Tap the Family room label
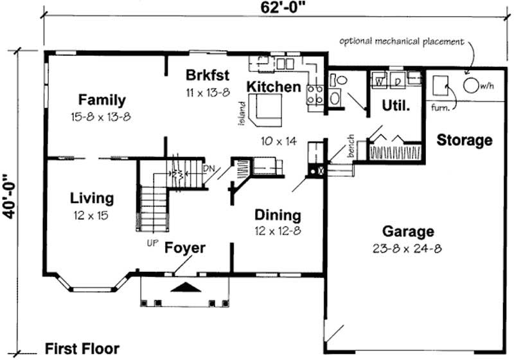[102, 100]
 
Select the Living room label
[91, 198]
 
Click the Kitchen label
[274, 86]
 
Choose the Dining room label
[278, 215]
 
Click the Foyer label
[184, 248]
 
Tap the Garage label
[408, 231]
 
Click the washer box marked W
[379, 81]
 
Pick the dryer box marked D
[398, 81]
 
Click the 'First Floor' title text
[82, 348]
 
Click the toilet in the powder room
[338, 80]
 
